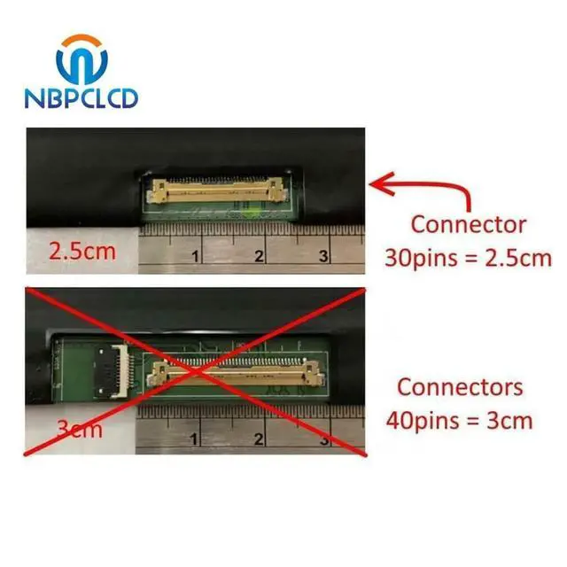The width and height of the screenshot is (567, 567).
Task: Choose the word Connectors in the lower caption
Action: (x=460, y=387)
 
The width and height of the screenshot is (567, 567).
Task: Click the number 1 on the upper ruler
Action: (x=194, y=257)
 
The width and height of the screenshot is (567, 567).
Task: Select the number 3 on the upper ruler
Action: (x=324, y=257)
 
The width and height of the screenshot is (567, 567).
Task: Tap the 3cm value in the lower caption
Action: (x=509, y=418)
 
